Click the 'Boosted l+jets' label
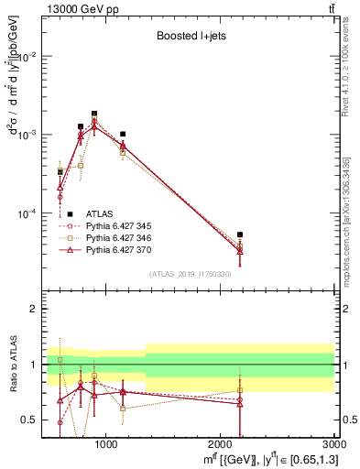pos(191,38)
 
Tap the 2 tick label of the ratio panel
pos(32,309)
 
